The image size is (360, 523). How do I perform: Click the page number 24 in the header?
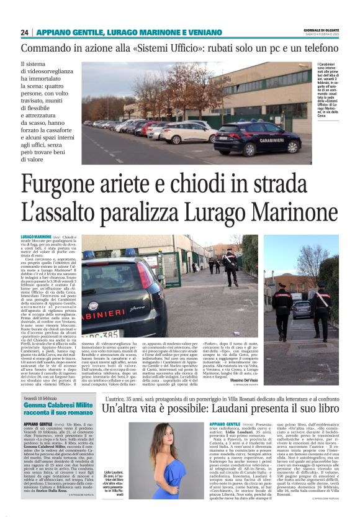pyautogui.click(x=25, y=32)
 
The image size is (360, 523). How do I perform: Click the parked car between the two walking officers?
pyautogui.click(x=303, y=309)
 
